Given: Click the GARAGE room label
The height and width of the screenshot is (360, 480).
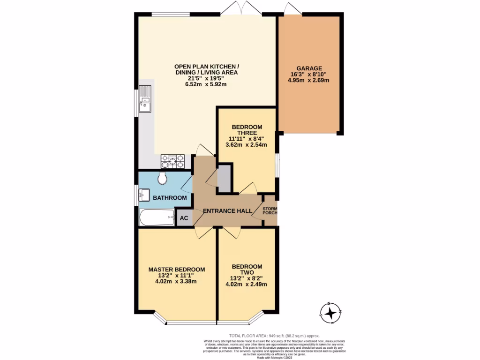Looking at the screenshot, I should tap(308, 68).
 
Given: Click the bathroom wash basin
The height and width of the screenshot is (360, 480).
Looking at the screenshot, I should tap(143, 194).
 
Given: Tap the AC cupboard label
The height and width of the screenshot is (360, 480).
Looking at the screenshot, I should tap(184, 218).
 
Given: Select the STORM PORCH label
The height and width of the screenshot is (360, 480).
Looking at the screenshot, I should tap(270, 210).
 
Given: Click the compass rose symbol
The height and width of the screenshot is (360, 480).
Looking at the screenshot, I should tap(331, 313).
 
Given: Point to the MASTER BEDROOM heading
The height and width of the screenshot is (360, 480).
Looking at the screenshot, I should tap(177, 269).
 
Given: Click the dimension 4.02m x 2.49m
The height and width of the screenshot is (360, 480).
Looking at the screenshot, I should tap(246, 284).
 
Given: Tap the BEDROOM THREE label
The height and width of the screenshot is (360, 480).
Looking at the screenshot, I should tap(247, 130).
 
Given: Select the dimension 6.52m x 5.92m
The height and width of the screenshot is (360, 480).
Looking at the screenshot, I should tap(206, 85).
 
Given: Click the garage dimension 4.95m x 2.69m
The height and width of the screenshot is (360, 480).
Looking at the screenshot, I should tap(308, 80).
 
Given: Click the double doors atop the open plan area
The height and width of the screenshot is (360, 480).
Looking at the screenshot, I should tap(240, 8).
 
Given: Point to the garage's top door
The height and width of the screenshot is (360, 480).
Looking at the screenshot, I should tap(292, 8).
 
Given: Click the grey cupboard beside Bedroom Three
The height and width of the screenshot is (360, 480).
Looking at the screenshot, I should tap(225, 179).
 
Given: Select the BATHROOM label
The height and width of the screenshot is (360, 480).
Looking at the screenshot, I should tap(170, 198).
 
